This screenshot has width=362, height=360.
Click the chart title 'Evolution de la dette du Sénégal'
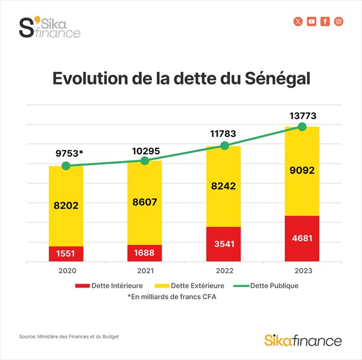(181, 79)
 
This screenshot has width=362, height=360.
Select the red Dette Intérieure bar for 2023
(302, 239)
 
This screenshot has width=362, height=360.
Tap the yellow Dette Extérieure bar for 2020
(66, 206)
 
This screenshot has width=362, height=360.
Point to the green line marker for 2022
(224, 145)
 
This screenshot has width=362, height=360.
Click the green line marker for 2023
(302, 127)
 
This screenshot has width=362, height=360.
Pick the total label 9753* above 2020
(66, 153)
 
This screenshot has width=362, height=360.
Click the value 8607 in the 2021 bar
(145, 203)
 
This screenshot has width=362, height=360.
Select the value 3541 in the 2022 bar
(223, 245)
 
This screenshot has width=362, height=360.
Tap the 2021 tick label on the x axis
(144, 271)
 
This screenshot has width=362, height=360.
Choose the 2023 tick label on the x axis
(302, 271)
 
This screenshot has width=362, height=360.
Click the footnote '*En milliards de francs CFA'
(172, 297)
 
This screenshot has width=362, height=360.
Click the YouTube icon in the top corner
(312, 22)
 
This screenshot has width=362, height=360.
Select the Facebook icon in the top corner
(326, 22)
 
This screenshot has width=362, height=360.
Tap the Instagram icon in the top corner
(339, 22)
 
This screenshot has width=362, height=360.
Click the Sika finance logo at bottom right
(303, 340)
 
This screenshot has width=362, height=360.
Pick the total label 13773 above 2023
(302, 115)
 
